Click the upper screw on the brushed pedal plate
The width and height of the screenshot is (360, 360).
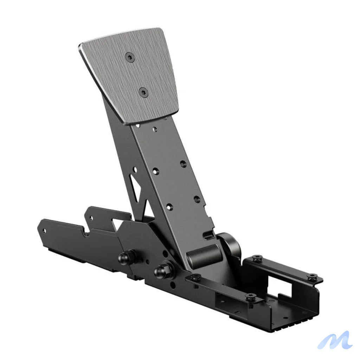130,57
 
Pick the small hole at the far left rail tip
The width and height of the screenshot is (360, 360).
44,231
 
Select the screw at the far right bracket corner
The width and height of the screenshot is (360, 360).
311,277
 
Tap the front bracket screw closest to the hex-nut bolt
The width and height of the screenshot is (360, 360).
195,277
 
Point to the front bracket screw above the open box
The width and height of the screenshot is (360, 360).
251,297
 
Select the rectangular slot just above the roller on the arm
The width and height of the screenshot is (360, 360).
211,233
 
